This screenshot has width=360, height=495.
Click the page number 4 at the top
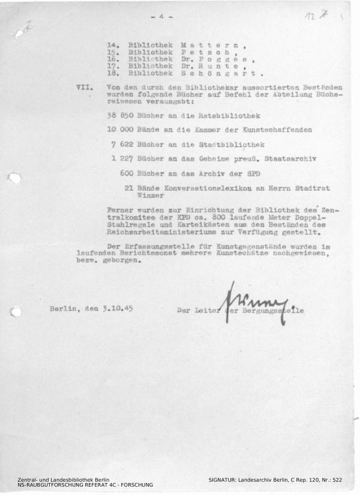[x=161, y=16]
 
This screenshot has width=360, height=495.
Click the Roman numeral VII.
[x=85, y=87]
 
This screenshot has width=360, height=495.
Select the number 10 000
[x=121, y=130]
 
